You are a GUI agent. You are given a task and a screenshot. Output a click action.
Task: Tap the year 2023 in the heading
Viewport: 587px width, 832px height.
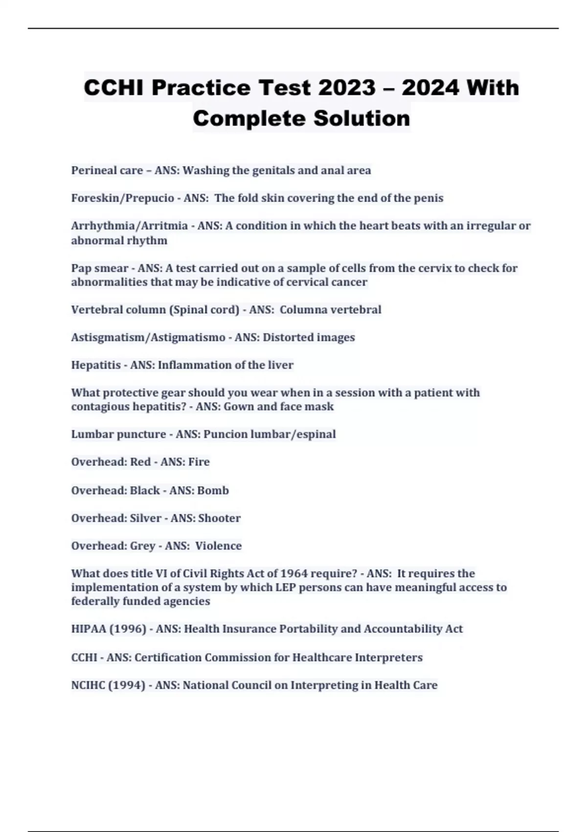coord(346,88)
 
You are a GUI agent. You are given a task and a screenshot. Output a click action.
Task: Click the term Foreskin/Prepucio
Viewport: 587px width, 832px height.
coord(122,198)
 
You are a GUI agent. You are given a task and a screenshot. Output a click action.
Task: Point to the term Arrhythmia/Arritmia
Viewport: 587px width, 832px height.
coord(129,226)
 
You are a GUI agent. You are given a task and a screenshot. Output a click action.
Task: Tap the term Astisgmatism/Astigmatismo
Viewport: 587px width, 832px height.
coord(148,338)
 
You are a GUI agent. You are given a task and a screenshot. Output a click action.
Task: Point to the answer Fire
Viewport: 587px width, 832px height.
coord(199,462)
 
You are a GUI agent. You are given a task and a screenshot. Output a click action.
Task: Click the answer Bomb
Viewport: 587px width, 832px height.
coord(213,490)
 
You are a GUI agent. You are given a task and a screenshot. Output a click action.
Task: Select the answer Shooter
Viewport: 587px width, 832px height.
coord(219,518)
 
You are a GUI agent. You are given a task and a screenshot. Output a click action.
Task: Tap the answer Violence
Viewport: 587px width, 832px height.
coord(218,546)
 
